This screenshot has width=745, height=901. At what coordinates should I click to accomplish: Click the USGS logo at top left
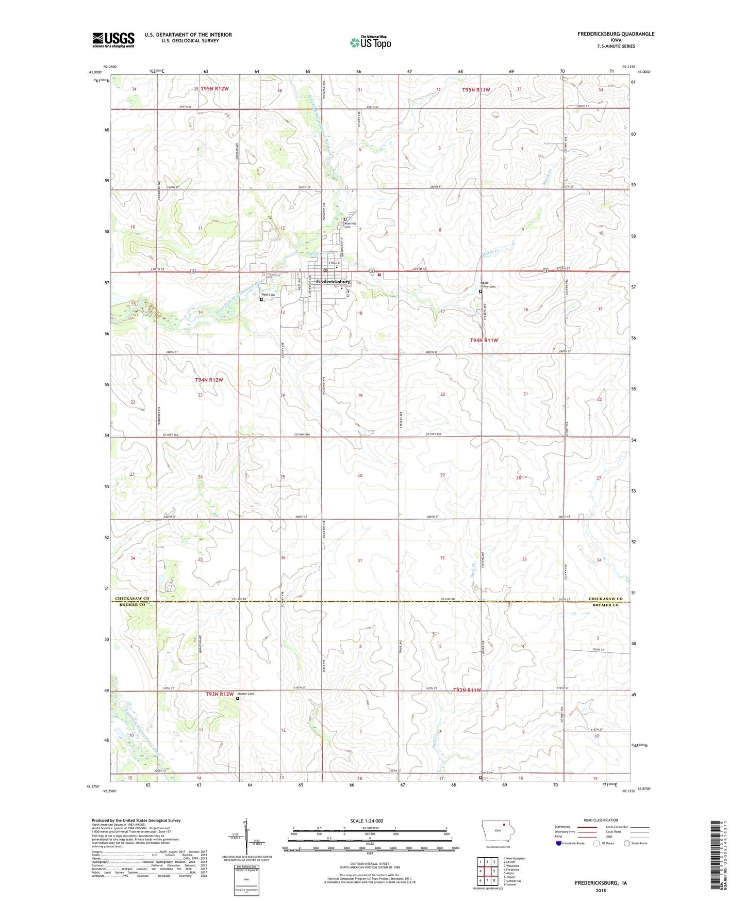113,40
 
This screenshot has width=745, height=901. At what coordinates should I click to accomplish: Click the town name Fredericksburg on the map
333,282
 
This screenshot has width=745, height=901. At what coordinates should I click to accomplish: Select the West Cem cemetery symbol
261,299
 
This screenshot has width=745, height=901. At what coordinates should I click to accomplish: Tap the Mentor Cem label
245,694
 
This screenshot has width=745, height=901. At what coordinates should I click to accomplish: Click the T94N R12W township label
209,380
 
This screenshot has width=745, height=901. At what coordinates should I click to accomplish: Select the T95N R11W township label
475,90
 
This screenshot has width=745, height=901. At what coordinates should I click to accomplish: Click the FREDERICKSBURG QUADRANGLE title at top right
616,34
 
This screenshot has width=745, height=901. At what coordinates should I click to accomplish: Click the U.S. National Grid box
246,878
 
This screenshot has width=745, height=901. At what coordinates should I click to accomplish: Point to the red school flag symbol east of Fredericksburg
379,275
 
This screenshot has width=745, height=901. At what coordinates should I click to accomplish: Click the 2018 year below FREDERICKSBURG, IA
601,890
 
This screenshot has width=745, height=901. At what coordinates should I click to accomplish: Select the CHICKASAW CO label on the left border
131,599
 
